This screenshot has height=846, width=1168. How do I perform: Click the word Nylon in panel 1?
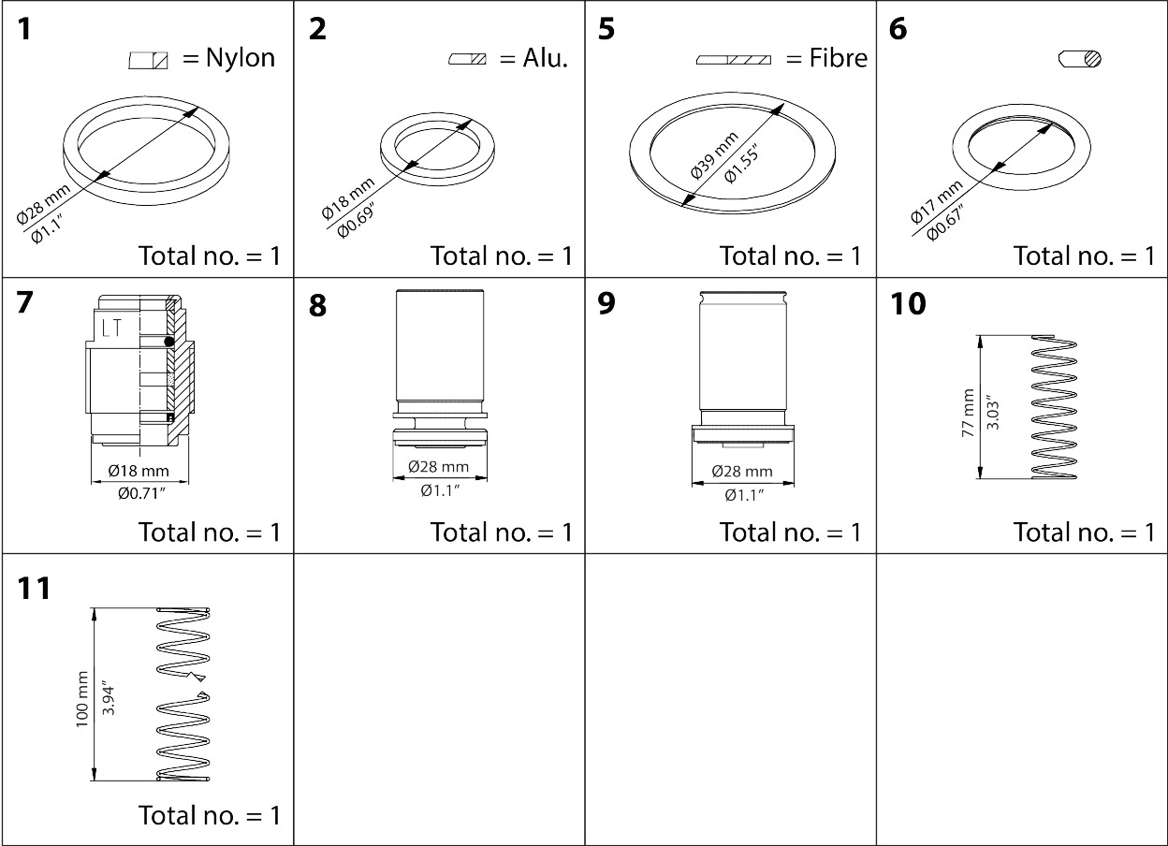click(240, 58)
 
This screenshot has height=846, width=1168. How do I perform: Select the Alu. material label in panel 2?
click(546, 58)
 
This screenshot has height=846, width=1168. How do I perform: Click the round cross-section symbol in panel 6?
click(1080, 59)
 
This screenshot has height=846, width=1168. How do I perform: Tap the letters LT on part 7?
click(110, 328)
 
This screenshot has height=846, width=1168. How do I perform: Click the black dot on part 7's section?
click(169, 343)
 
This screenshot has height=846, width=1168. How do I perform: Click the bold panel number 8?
click(318, 306)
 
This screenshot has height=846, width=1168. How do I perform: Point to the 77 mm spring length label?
click(968, 408)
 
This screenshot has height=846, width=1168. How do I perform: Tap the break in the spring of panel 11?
click(199, 686)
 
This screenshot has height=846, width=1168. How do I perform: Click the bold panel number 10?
click(907, 304)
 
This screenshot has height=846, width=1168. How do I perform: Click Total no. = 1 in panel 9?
click(790, 532)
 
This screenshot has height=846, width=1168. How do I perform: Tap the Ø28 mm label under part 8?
click(438, 467)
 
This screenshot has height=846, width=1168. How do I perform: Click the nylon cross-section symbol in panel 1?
click(149, 61)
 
